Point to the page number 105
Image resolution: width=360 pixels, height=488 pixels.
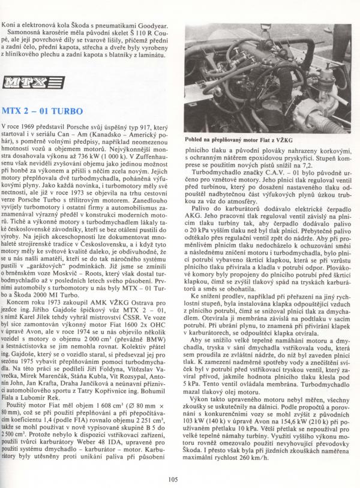point(175,478)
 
